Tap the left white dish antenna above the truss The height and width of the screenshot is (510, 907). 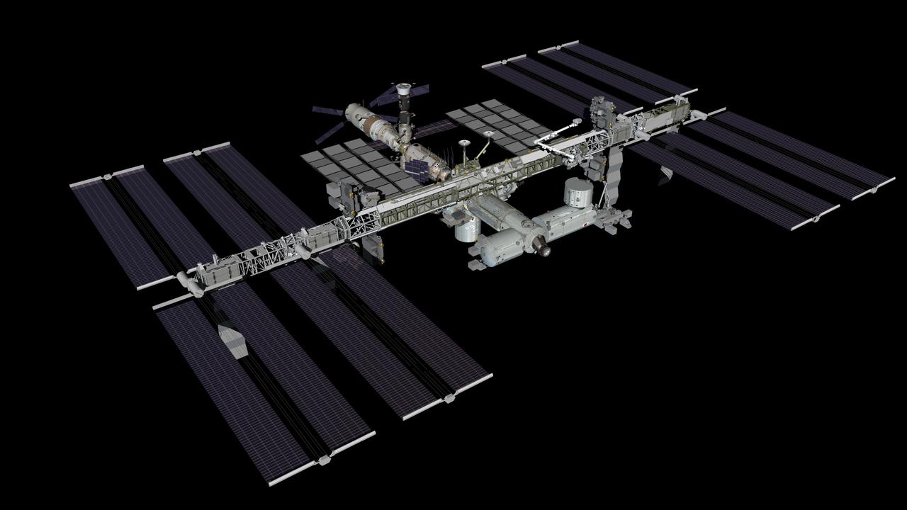click(465, 143)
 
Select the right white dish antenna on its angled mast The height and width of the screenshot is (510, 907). click(490, 133)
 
